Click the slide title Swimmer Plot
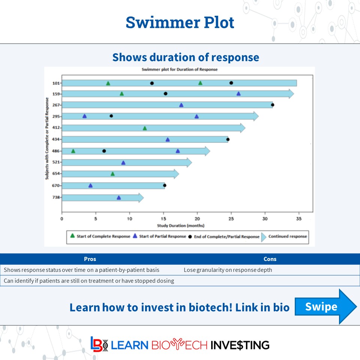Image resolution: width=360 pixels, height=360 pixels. click(x=180, y=22)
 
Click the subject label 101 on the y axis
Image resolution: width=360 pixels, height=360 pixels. click(x=57, y=83)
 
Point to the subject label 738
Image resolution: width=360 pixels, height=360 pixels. click(x=57, y=197)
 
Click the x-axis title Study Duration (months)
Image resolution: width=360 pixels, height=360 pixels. click(x=180, y=225)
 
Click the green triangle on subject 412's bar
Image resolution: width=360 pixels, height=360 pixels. click(x=145, y=128)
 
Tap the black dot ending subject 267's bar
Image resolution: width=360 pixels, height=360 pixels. click(x=273, y=105)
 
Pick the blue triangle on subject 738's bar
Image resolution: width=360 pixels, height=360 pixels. click(x=119, y=198)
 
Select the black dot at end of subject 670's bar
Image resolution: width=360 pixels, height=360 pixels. click(x=164, y=185)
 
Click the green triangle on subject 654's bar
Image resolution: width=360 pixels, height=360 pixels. click(x=112, y=174)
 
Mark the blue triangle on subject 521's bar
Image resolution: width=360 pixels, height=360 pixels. click(x=123, y=162)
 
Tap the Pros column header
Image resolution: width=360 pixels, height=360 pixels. click(x=90, y=259)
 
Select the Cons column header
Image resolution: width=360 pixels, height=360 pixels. click(x=270, y=259)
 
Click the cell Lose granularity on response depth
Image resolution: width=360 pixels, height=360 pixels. click(x=228, y=270)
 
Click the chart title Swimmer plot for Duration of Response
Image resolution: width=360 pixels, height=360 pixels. click(x=179, y=70)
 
